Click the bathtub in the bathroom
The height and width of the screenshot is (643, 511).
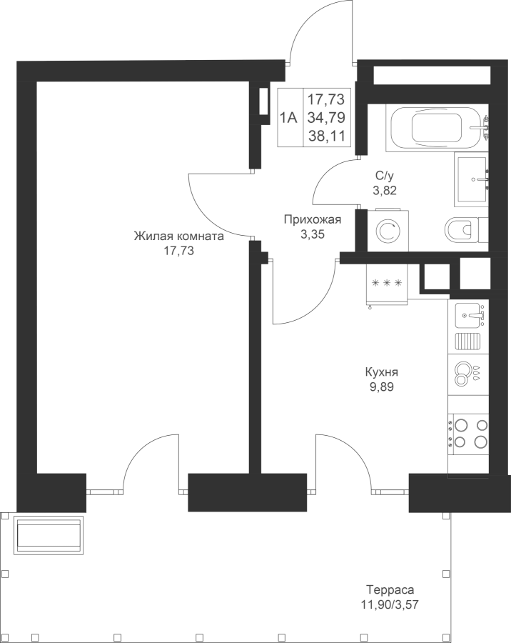(x=437, y=128)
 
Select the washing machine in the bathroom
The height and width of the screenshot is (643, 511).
(x=388, y=231)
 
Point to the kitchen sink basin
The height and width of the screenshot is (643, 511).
(x=468, y=315)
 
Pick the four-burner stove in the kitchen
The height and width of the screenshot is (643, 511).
(x=468, y=434)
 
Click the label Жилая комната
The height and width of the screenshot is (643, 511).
(x=179, y=236)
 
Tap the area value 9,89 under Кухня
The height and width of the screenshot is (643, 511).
(x=382, y=387)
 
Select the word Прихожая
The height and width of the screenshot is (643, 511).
(x=313, y=220)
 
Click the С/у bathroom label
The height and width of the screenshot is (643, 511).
(x=385, y=176)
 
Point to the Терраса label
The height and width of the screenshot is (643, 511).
(x=390, y=590)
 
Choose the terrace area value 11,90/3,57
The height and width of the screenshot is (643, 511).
(x=390, y=604)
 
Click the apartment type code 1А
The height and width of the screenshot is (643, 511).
(x=288, y=118)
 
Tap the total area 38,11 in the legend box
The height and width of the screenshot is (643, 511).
(x=327, y=136)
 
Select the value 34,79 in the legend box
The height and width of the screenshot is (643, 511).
(x=326, y=118)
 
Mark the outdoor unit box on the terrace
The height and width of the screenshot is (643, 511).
(x=49, y=535)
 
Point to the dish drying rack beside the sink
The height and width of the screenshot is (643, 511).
(x=468, y=342)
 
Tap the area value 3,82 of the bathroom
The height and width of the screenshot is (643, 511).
(x=385, y=190)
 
